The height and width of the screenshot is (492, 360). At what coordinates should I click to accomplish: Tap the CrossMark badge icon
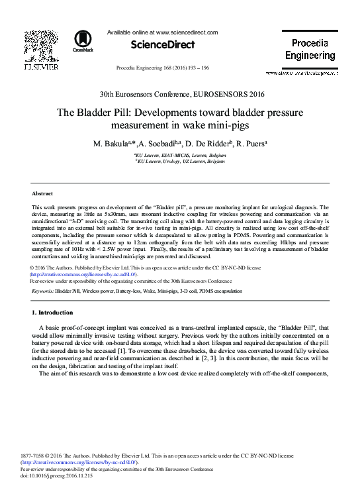(83, 40)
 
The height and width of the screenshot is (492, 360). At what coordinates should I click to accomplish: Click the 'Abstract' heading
(43, 193)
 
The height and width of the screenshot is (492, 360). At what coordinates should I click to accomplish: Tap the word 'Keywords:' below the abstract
(43, 290)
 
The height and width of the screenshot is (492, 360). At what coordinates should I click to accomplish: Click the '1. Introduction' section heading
(53, 312)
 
